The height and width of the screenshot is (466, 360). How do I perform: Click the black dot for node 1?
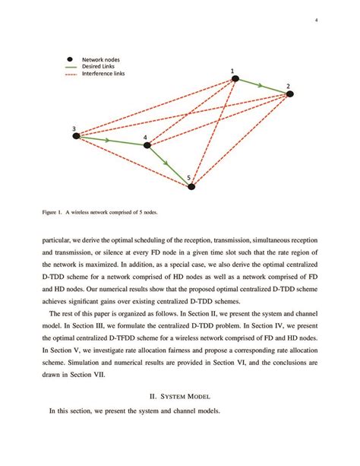pyautogui.click(x=235, y=78)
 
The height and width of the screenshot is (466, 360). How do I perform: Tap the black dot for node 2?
pyautogui.click(x=289, y=94)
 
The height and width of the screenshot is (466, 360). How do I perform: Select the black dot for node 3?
pyautogui.click(x=76, y=136)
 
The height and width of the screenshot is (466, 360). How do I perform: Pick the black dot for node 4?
pyautogui.click(x=147, y=144)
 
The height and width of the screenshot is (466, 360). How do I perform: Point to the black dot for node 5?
pyautogui.click(x=192, y=185)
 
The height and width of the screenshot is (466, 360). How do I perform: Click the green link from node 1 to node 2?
pyautogui.click(x=262, y=86)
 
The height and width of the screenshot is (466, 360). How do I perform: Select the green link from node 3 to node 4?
pyautogui.click(x=112, y=141)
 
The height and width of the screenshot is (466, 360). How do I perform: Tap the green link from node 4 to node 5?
pyautogui.click(x=169, y=165)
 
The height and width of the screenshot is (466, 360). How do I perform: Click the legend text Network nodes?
pyautogui.click(x=101, y=59)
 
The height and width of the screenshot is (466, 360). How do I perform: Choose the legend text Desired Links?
pyautogui.click(x=99, y=66)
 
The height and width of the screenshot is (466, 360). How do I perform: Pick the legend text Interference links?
pyautogui.click(x=104, y=74)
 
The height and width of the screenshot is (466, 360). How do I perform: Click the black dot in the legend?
pyautogui.click(x=69, y=59)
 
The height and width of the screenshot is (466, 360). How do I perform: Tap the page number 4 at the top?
pyautogui.click(x=315, y=20)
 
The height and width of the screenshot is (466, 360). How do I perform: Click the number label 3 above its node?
pyautogui.click(x=74, y=128)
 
